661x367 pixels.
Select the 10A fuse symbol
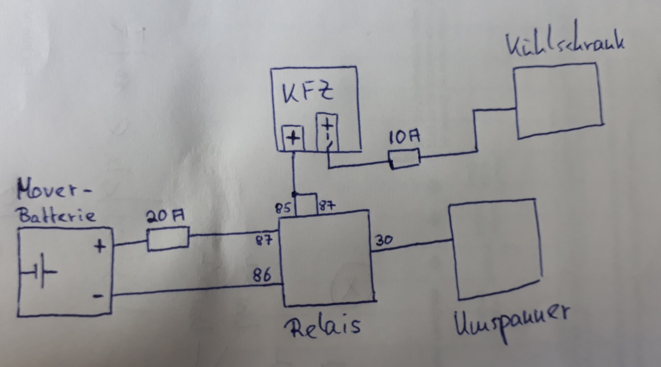pos(404,159)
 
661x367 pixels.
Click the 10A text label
pos(404,137)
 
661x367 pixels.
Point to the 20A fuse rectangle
pos(168,238)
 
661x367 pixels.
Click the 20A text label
pos(165,217)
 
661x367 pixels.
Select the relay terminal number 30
pos(384,240)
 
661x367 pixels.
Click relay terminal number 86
pos(262,275)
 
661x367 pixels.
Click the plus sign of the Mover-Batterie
pos(100,247)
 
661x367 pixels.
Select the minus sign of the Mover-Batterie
pos(98,296)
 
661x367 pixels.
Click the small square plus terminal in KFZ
pos(293,139)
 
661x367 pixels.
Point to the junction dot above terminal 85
pos(294,193)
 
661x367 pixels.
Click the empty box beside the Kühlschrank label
pos(558,100)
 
